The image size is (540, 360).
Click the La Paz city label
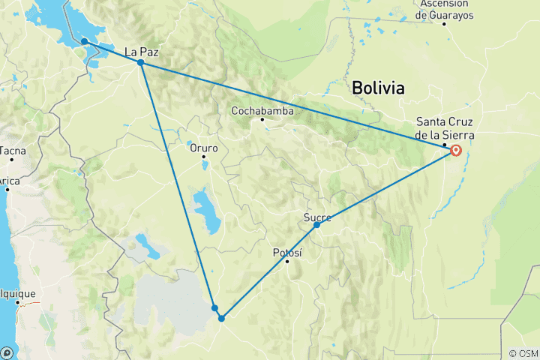[x=141, y=52]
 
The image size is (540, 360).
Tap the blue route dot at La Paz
[x=140, y=62]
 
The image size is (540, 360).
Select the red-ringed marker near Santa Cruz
[x=456, y=150]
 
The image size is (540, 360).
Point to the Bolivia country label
[x=379, y=88]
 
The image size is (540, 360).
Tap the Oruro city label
[x=203, y=148]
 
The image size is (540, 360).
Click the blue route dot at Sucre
[x=316, y=225]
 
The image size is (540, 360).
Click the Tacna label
[x=13, y=151]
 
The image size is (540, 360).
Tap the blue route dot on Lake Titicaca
[x=85, y=41]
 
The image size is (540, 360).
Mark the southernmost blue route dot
[x=221, y=318]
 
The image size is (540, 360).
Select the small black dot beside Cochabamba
[x=262, y=119]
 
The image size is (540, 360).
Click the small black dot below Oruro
[x=203, y=156]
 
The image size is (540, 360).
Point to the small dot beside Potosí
[x=286, y=261]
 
